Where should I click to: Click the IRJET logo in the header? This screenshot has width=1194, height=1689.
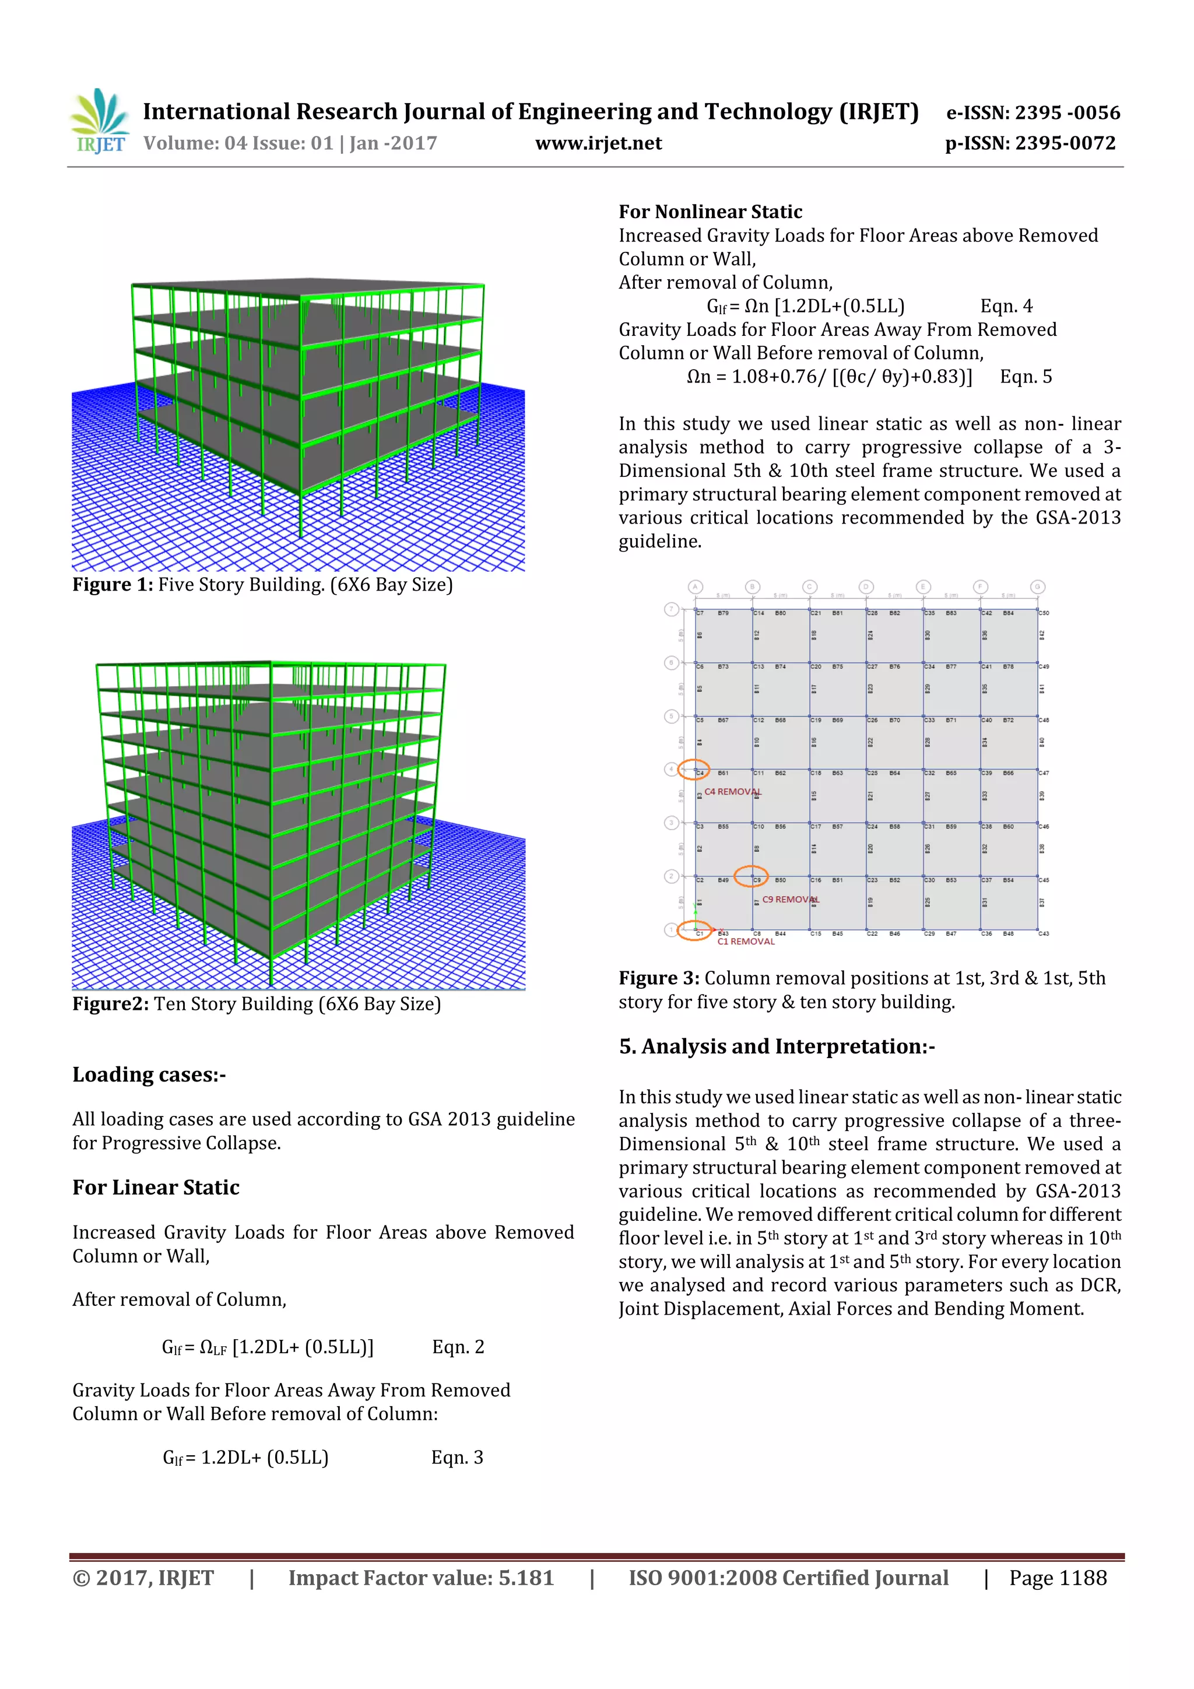(x=99, y=121)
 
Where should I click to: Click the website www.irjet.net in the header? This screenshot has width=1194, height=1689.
(x=598, y=143)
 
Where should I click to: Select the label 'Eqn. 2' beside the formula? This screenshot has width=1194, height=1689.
(x=458, y=1347)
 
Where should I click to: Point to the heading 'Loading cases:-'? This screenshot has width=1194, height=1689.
(x=149, y=1075)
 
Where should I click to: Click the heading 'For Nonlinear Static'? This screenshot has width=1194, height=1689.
(x=710, y=212)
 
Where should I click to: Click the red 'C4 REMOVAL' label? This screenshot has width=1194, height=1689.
(x=732, y=792)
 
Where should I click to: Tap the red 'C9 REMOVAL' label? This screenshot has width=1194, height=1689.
(x=790, y=899)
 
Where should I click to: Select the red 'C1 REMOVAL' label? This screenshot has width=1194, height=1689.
(x=745, y=942)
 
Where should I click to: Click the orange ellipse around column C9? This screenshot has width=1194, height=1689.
(x=750, y=876)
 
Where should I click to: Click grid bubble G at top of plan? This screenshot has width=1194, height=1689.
(x=1037, y=587)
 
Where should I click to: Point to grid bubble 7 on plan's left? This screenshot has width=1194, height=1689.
(x=670, y=609)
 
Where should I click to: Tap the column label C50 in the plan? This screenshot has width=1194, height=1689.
(x=1044, y=613)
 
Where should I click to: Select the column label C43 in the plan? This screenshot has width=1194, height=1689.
(x=1044, y=933)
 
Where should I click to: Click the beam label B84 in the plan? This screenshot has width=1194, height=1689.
(x=1008, y=613)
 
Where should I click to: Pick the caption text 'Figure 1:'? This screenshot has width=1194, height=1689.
(x=112, y=585)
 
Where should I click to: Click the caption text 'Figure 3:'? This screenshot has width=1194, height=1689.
(x=658, y=978)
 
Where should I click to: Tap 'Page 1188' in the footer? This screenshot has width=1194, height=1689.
(x=1057, y=1578)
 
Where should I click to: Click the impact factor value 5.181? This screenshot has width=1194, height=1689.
(x=525, y=1578)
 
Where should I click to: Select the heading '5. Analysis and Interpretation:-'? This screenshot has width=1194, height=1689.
(x=776, y=1047)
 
